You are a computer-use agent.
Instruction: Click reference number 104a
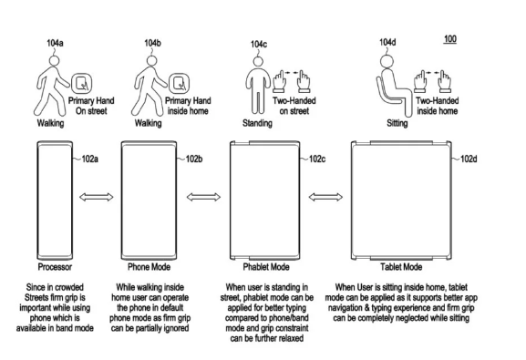point(55,43)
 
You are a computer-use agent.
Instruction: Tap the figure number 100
point(450,39)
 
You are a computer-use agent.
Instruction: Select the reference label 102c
point(317,159)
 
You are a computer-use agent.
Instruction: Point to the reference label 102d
point(469,159)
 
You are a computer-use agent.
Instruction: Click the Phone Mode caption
point(149,267)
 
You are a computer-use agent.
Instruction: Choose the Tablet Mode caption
point(401,267)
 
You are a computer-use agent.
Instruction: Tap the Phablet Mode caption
point(266,267)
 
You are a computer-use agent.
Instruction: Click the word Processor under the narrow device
point(55,267)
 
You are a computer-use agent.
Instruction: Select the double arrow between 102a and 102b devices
point(97,197)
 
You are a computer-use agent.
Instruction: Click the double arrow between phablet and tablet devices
point(325,197)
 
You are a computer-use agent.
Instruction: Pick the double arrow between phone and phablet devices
point(203,197)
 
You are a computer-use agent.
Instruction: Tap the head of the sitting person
point(387,61)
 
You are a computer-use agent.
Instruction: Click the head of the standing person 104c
point(258,61)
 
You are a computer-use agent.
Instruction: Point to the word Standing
point(257,123)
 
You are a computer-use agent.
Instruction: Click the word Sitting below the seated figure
point(397,123)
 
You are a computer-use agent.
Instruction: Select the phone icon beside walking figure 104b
point(179,84)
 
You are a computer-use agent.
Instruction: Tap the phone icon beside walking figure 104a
point(81,84)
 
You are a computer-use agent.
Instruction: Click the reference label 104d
point(387,42)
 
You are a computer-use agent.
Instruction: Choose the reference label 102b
point(194,159)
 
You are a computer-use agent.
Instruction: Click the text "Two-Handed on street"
point(294,106)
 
